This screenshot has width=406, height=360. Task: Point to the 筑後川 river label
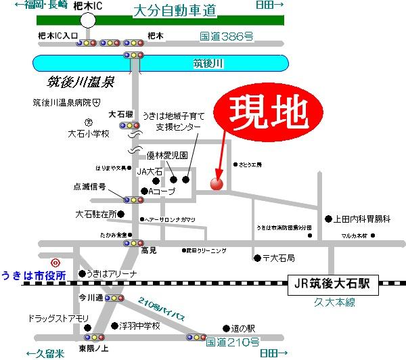(x=208, y=64)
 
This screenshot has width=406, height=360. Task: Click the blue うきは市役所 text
(x=33, y=275)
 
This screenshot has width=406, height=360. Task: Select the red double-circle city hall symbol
(x=55, y=262)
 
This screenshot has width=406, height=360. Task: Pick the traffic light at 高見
(x=134, y=243)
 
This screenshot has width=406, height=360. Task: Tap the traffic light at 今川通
(x=114, y=298)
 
